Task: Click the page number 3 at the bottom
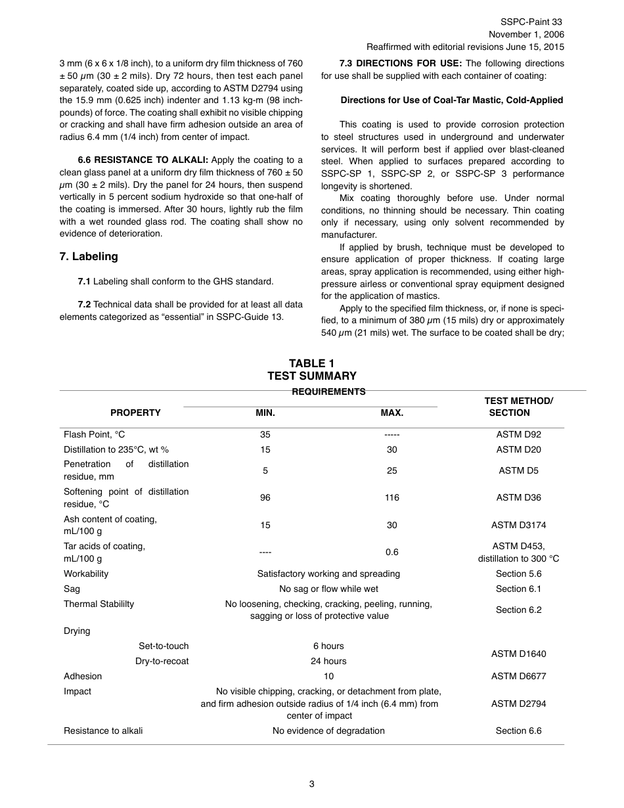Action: tap(311, 783)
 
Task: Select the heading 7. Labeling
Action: tap(89, 256)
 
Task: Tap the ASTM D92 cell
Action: tap(518, 434)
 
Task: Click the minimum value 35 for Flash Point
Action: tap(265, 434)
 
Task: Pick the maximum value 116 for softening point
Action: tap(391, 497)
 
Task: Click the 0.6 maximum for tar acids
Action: tap(391, 552)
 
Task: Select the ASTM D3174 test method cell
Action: tap(518, 525)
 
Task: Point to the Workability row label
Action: tap(86, 573)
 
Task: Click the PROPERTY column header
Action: tap(135, 413)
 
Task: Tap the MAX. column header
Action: tap(391, 413)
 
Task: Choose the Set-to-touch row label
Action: tap(164, 646)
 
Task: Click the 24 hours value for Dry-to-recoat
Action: tap(328, 661)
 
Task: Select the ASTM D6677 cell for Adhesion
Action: tap(518, 676)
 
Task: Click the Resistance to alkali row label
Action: tap(103, 730)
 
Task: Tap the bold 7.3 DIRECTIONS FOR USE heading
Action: tap(401, 64)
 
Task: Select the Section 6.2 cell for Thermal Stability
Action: tap(518, 610)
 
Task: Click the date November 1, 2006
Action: tap(525, 34)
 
